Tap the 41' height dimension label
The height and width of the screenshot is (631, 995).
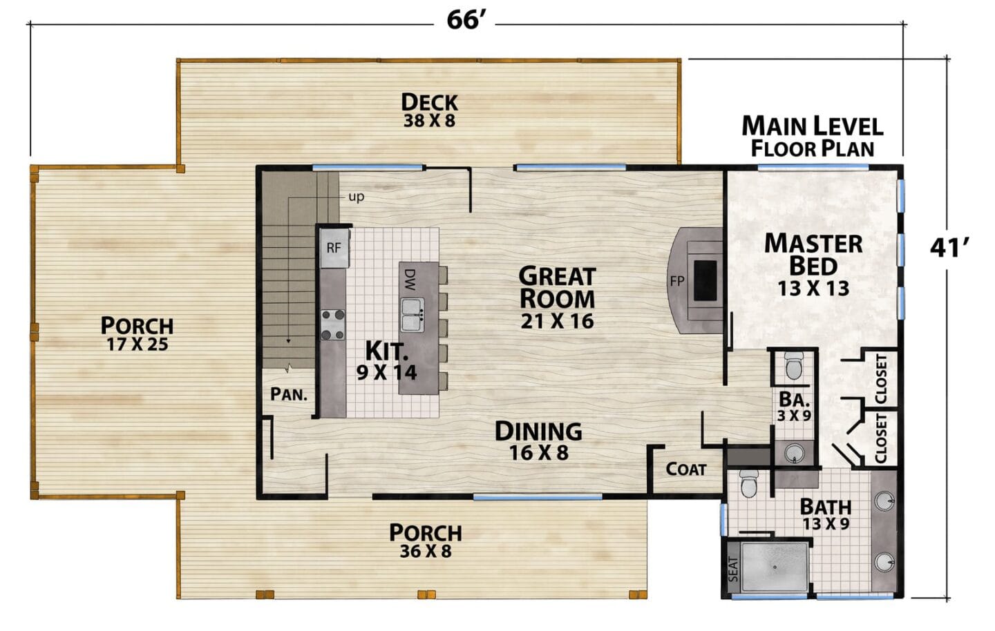949,248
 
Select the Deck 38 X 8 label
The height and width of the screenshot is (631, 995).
430,110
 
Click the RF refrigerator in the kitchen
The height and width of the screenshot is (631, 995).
334,248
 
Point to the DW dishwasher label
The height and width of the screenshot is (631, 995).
410,280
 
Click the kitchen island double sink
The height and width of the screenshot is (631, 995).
413,315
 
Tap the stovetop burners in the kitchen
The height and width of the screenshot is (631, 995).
333,324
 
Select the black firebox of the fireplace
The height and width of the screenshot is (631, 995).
705,280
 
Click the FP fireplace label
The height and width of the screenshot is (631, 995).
677,281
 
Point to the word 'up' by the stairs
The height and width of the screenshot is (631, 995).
357,196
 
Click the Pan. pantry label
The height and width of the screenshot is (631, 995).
289,394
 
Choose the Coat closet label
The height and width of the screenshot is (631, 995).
686,469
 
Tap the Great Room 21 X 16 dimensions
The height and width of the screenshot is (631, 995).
557,321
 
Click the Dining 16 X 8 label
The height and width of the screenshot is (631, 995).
538,440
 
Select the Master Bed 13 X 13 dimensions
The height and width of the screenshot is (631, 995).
813,289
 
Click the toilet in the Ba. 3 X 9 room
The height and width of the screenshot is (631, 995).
793,365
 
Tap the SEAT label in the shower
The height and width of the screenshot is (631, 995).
733,570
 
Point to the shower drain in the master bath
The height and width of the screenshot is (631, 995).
775,567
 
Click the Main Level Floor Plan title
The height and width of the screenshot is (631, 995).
813,137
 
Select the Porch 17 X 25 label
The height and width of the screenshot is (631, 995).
138,334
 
